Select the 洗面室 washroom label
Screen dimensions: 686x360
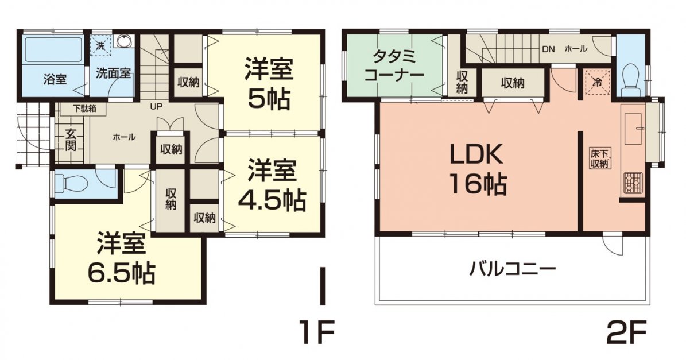coord(113,73)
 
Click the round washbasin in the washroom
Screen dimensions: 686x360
coord(125,41)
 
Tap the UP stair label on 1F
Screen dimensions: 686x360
coord(156,106)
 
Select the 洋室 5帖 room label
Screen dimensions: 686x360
coord(269,84)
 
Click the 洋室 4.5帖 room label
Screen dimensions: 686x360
coord(272,185)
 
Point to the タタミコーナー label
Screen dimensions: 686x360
coord(394,65)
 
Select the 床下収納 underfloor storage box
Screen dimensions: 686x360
coord(599,158)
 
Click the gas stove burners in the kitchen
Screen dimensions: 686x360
coord(631,183)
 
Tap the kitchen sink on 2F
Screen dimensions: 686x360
coord(633,128)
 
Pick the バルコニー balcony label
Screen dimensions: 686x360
coord(512,267)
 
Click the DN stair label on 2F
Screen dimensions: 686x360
coord(548,49)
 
